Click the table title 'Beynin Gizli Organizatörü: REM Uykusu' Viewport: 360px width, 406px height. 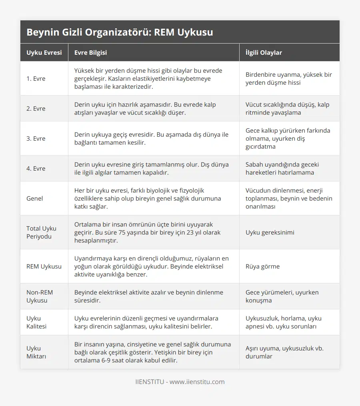(x=120, y=32)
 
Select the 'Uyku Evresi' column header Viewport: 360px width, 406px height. (x=44, y=53)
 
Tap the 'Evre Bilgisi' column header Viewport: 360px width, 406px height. (x=90, y=53)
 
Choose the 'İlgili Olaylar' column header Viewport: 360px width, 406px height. (x=264, y=53)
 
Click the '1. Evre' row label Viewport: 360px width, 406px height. (x=36, y=79)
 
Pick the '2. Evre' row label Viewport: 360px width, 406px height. (x=36, y=109)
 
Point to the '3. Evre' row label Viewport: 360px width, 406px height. (x=36, y=139)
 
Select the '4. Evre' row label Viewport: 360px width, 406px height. (x=36, y=169)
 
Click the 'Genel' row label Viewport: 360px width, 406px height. (x=35, y=199)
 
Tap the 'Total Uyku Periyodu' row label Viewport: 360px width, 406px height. (x=41, y=232)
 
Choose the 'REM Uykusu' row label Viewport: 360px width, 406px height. (x=44, y=266)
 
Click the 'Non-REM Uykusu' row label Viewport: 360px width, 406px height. (x=40, y=296)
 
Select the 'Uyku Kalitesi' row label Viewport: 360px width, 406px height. (x=36, y=322)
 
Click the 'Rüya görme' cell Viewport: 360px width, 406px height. (x=262, y=266)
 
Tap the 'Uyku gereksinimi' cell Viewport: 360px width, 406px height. (x=270, y=232)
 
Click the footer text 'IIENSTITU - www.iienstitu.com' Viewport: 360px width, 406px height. (x=180, y=382)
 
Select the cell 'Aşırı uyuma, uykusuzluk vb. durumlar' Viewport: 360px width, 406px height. (x=284, y=352)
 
